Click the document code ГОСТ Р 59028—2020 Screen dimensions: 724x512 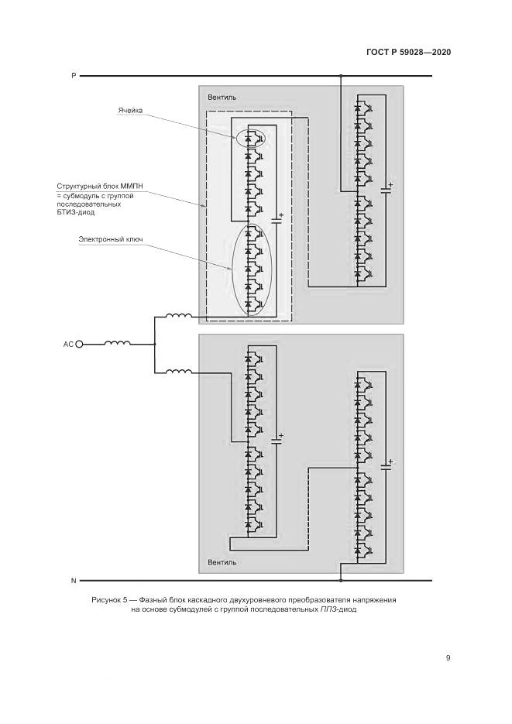pos(408,53)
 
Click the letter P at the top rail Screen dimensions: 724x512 pos(74,76)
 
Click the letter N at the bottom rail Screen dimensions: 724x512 pos(74,579)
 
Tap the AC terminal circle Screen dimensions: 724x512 pos(79,344)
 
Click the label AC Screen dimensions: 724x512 pos(67,344)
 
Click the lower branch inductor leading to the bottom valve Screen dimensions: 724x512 pos(179,372)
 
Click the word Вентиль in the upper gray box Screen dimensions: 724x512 pos(222,97)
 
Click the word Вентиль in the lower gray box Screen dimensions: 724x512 pos(222,562)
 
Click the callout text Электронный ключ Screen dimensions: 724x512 pos(112,239)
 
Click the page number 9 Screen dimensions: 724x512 pos(448,658)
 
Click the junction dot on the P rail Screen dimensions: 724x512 pos(340,76)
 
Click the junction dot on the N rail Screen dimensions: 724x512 pos(340,579)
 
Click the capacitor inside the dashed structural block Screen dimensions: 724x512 pos(277,221)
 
